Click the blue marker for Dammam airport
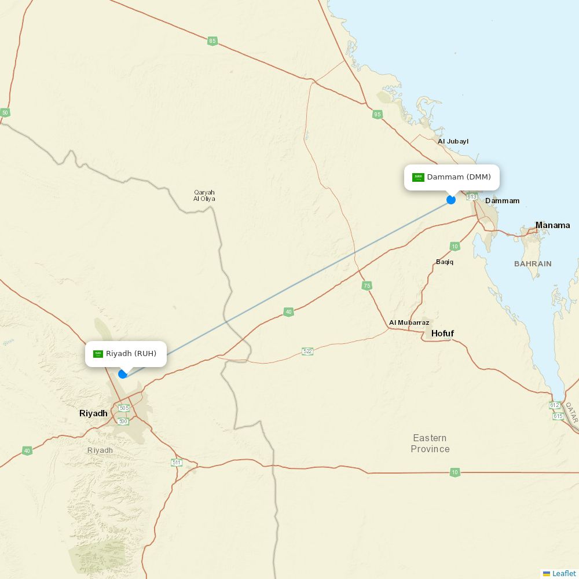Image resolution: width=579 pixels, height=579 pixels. pyautogui.click(x=451, y=200)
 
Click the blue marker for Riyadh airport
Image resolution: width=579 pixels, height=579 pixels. pyautogui.click(x=123, y=374)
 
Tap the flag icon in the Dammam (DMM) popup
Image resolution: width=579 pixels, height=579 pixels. pyautogui.click(x=418, y=177)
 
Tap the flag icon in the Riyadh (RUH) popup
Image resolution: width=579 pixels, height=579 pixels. pyautogui.click(x=98, y=354)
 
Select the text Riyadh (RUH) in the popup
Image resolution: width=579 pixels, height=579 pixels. pyautogui.click(x=131, y=354)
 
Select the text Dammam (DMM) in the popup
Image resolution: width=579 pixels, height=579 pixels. pyautogui.click(x=459, y=177)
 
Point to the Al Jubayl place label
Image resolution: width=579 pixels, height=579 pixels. pyautogui.click(x=453, y=141)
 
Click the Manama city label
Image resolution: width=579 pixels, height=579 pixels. pyautogui.click(x=552, y=225)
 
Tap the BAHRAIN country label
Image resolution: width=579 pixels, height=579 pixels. pyautogui.click(x=533, y=263)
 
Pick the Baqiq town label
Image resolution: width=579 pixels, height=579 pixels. pyautogui.click(x=445, y=262)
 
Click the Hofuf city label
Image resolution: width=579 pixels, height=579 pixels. pyautogui.click(x=442, y=334)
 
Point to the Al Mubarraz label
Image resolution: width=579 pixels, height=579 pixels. pyautogui.click(x=409, y=323)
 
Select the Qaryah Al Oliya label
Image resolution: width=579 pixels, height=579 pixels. pyautogui.click(x=204, y=196)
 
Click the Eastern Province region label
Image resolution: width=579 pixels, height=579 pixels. pyautogui.click(x=430, y=444)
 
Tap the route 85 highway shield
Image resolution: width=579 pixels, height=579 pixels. pyautogui.click(x=212, y=41)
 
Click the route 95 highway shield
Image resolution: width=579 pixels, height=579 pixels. pyautogui.click(x=378, y=115)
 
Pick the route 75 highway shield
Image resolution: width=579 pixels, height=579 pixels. pyautogui.click(x=367, y=286)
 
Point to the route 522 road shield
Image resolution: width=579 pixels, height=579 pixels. pyautogui.click(x=307, y=351)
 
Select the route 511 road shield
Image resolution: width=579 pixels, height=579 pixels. pyautogui.click(x=177, y=462)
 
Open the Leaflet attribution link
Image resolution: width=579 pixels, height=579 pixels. pyautogui.click(x=563, y=573)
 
